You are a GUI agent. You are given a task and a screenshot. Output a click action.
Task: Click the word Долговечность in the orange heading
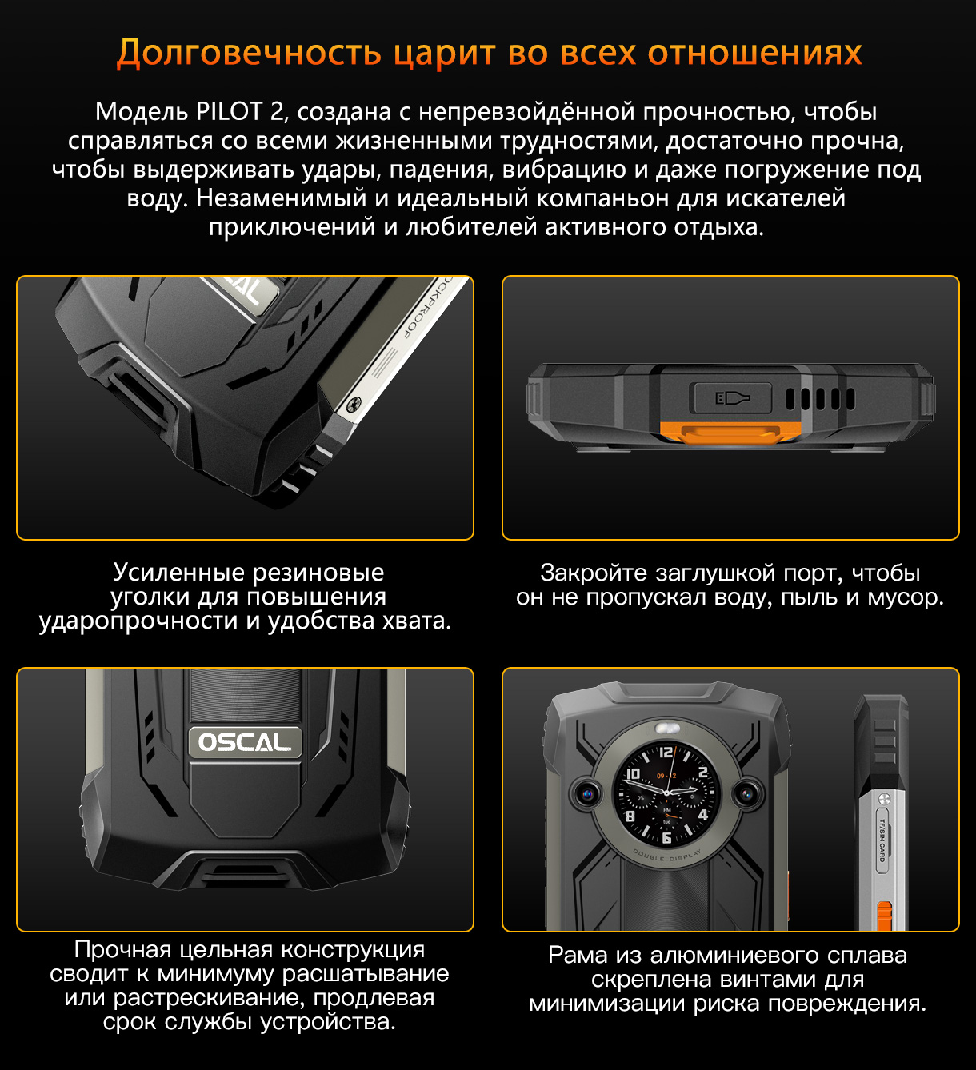pos(249,54)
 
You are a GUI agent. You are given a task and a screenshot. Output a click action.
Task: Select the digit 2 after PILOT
pos(277,111)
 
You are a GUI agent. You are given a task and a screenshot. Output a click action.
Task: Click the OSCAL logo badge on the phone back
pos(245,742)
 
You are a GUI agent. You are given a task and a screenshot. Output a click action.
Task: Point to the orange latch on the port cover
pos(731,432)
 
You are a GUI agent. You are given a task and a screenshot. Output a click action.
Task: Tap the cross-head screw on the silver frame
pos(353,405)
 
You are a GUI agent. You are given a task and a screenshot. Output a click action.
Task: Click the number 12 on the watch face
pos(666,753)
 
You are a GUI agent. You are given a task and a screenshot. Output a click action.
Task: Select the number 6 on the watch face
pos(666,837)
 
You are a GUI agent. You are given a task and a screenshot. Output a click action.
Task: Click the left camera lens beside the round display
pos(586,795)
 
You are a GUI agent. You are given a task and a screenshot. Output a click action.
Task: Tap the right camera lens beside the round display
pos(746,795)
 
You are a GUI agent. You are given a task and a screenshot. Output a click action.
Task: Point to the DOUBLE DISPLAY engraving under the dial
pos(666,856)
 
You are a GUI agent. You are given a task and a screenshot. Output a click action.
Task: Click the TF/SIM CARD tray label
pos(882,841)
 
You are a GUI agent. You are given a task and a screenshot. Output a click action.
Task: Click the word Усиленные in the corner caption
pos(178,573)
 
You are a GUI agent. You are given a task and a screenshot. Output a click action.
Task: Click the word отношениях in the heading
pos(754,54)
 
